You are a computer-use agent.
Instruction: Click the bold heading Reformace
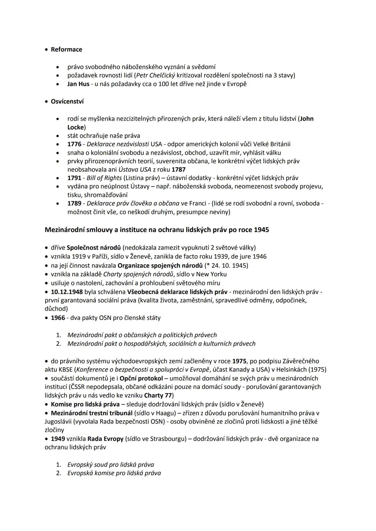click(x=66, y=49)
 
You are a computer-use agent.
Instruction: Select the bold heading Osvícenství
click(x=67, y=102)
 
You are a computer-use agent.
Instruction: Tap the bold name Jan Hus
click(x=78, y=84)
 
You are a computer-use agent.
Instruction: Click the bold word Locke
click(x=76, y=127)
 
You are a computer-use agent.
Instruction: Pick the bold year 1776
click(x=74, y=144)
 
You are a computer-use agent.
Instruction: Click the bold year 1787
click(x=179, y=169)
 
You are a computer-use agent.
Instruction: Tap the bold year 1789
click(x=74, y=203)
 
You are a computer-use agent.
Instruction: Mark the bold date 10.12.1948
click(x=67, y=292)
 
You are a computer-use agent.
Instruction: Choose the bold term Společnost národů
click(x=94, y=248)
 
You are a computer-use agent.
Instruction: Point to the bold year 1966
click(x=58, y=317)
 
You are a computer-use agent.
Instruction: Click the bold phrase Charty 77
click(x=158, y=395)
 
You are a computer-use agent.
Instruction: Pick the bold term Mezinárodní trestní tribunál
click(x=92, y=413)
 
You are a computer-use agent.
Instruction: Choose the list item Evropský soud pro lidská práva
click(x=111, y=465)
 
